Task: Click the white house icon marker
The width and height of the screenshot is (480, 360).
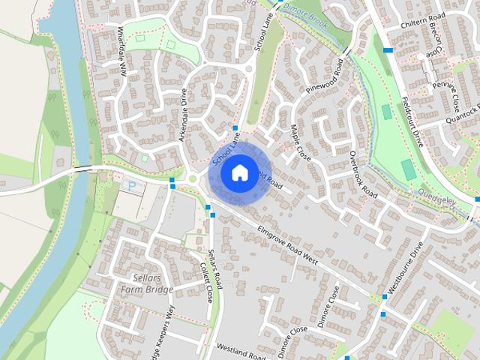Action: (239, 172)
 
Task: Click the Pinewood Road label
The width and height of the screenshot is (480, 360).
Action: (328, 79)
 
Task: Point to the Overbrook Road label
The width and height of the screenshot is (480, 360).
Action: (363, 172)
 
